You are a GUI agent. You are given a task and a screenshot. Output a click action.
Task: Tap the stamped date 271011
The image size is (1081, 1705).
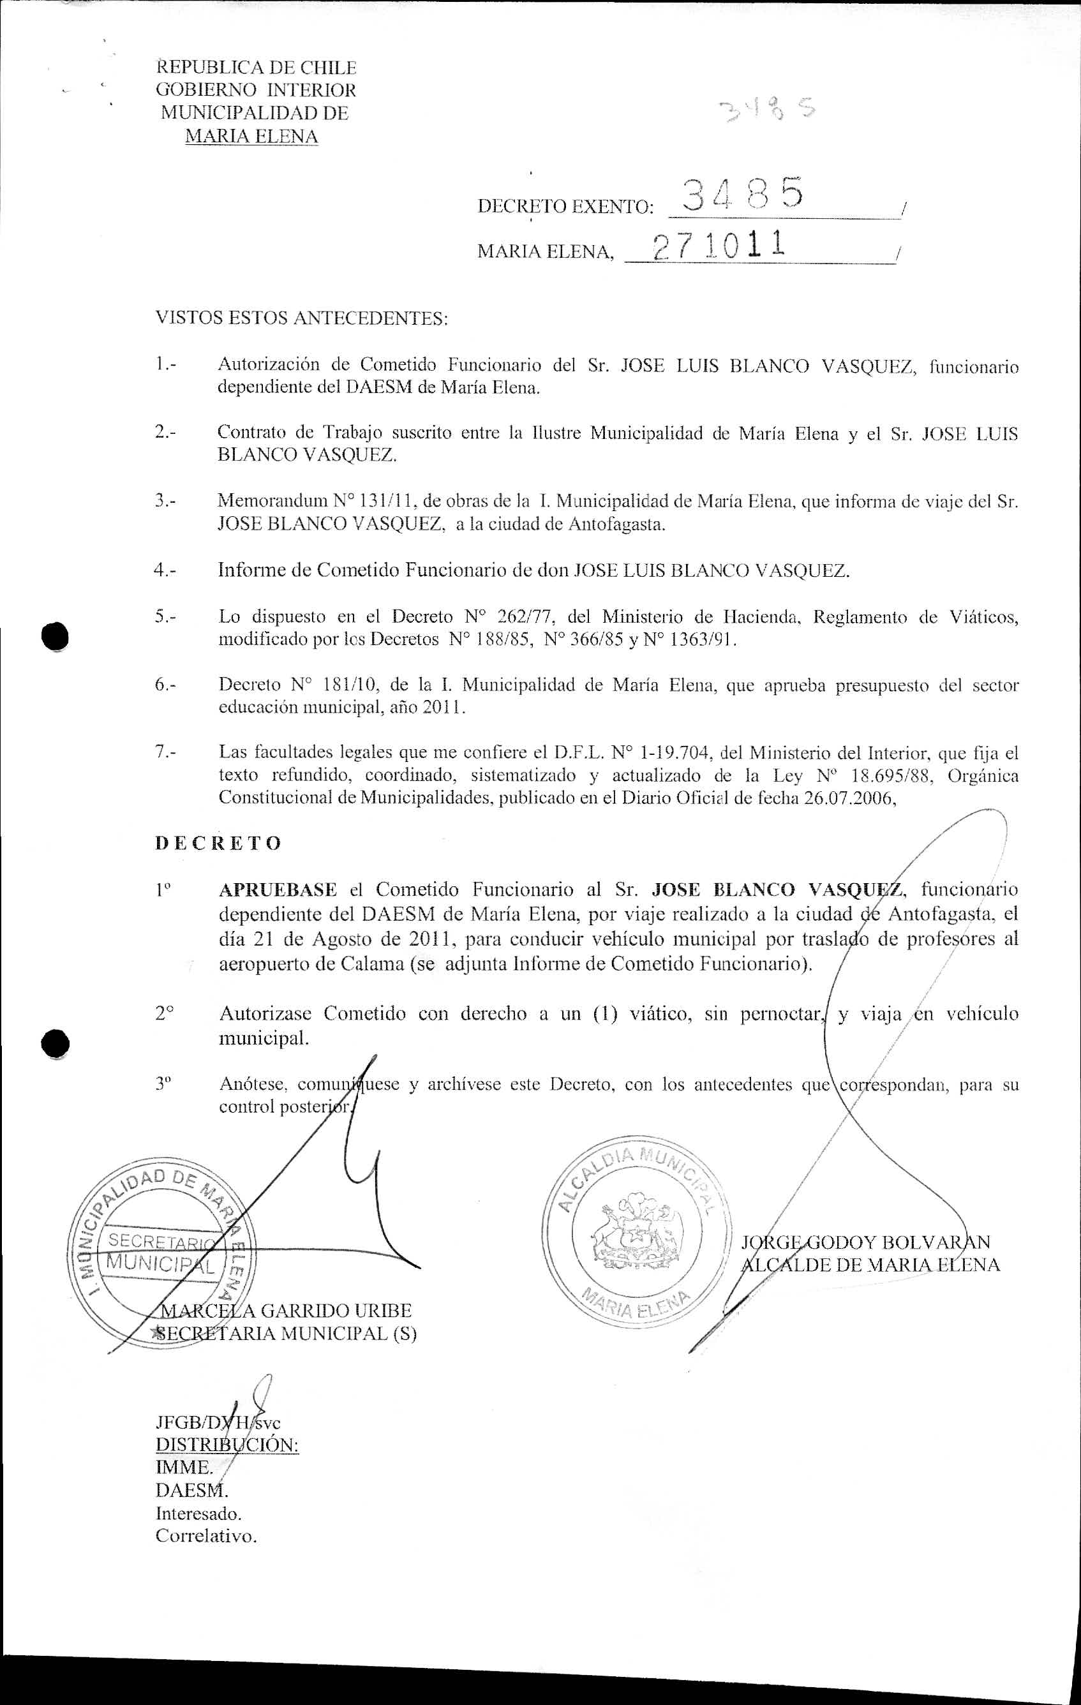(x=719, y=245)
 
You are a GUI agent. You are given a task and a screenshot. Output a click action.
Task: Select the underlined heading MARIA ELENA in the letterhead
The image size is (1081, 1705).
(x=251, y=136)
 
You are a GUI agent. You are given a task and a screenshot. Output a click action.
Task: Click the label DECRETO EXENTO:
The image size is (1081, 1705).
(x=564, y=207)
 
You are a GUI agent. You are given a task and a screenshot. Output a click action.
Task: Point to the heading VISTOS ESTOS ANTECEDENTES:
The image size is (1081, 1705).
(x=302, y=318)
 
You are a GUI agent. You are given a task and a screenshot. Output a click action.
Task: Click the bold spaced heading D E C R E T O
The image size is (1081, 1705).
(x=218, y=844)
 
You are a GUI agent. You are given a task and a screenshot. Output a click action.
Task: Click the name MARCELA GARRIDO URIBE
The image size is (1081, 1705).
(x=287, y=1311)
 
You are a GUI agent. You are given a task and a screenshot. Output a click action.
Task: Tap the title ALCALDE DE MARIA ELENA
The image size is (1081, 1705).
(x=869, y=1265)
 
